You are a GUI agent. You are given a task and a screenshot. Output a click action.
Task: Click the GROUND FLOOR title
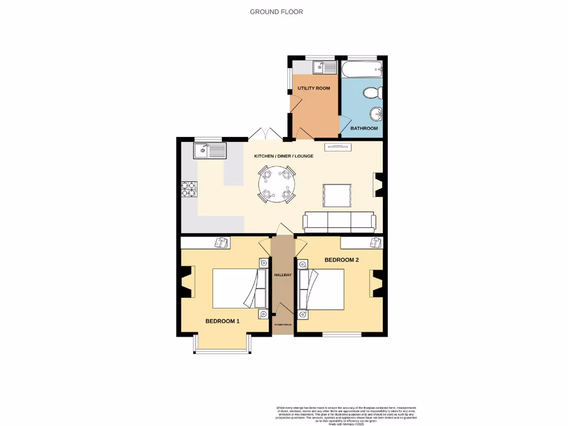(276, 12)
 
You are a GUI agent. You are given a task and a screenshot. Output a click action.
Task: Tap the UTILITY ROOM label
(313, 88)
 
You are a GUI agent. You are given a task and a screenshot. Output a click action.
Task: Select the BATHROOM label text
(364, 128)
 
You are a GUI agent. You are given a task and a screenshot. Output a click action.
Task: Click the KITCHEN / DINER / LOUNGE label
(283, 156)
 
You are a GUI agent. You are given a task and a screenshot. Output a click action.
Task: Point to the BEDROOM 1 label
(222, 321)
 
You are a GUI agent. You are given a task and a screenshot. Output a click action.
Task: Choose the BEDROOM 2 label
(342, 260)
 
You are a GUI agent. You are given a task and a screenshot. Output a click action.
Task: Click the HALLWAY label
(283, 275)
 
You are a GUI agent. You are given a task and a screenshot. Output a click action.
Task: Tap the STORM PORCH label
(283, 324)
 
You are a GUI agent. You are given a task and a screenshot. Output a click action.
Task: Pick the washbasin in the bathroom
(376, 114)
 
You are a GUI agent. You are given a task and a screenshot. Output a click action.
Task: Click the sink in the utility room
(324, 68)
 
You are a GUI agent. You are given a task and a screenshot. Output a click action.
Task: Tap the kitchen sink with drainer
(210, 150)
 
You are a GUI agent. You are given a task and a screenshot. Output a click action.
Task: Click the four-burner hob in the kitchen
(189, 190)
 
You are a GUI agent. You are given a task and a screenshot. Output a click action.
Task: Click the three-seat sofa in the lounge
(339, 222)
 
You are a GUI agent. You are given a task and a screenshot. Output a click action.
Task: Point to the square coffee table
(337, 195)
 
